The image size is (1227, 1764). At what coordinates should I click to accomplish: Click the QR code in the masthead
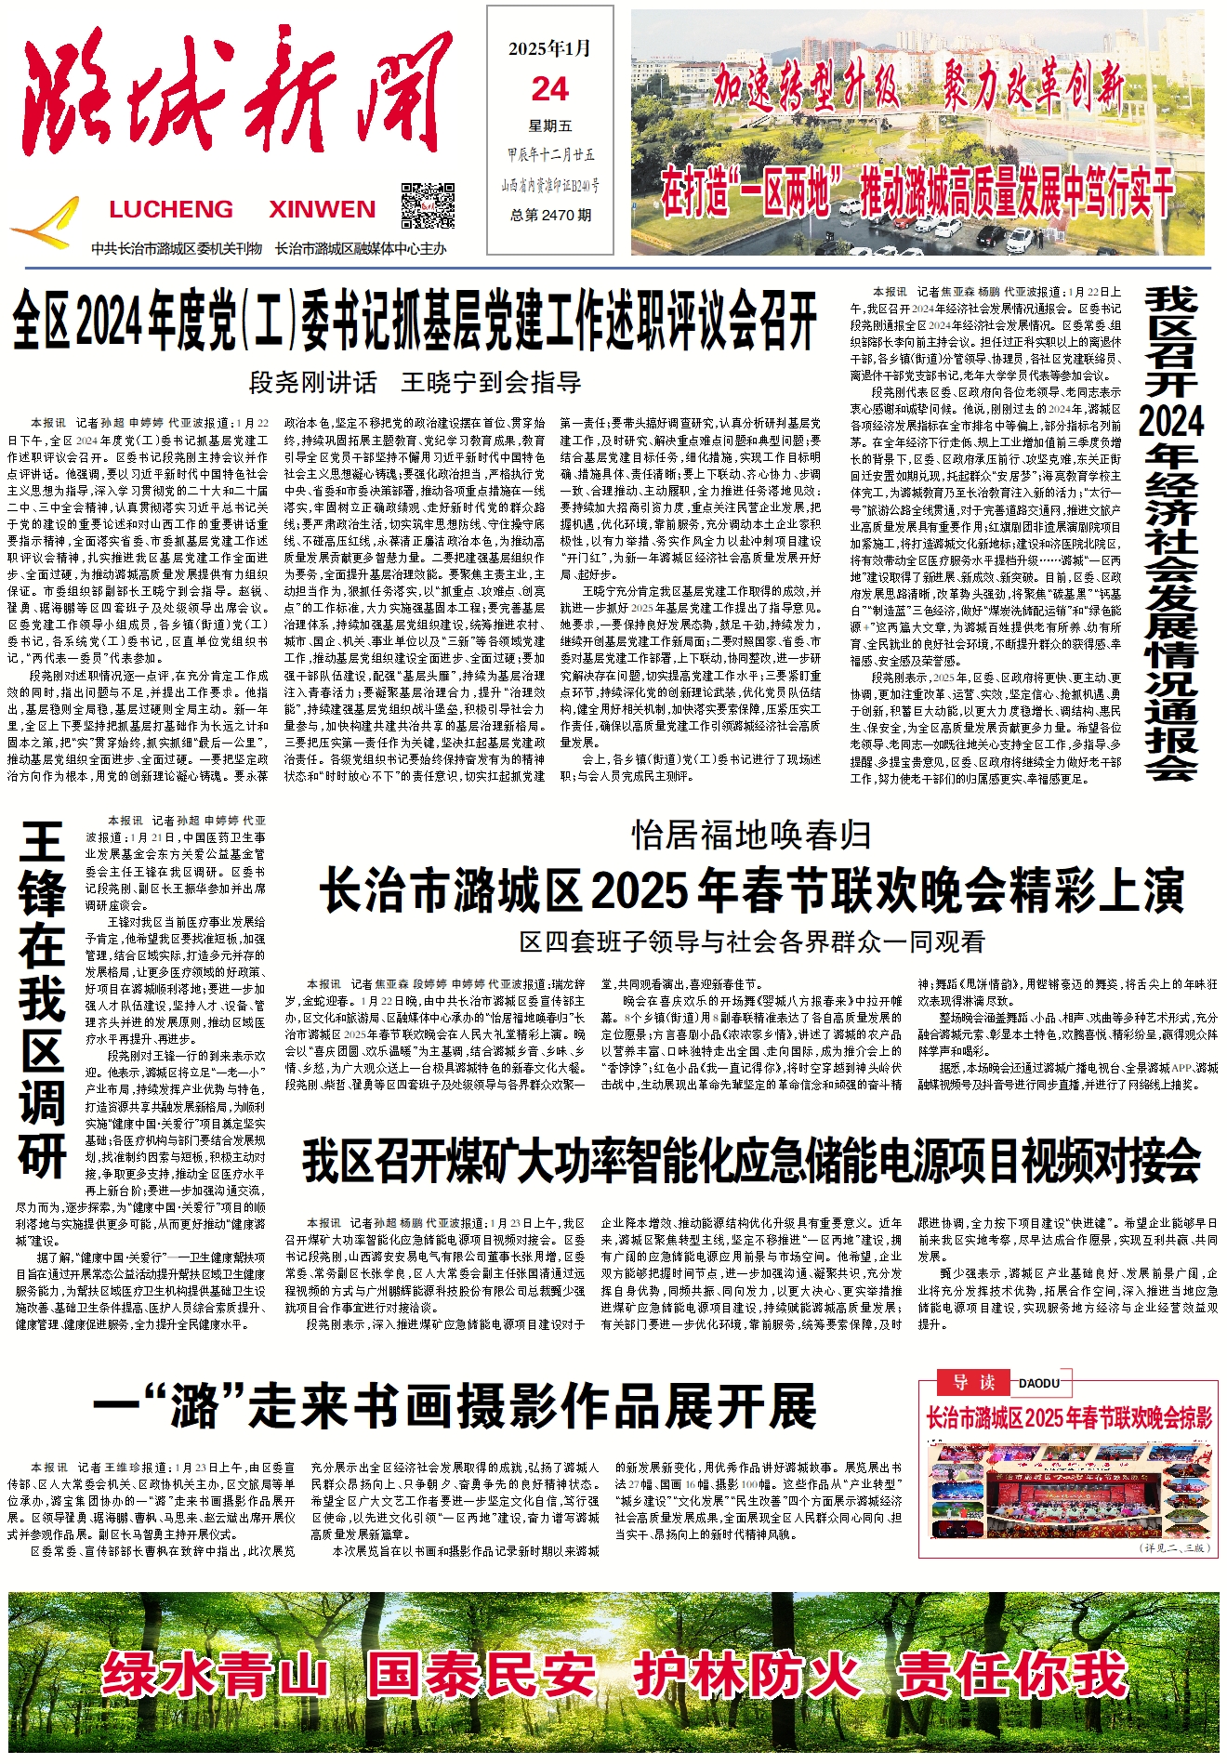(x=428, y=206)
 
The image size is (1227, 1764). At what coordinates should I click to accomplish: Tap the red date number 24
(x=550, y=89)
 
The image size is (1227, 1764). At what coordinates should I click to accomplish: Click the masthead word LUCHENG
(x=171, y=209)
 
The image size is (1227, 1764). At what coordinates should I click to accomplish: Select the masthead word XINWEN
(x=323, y=209)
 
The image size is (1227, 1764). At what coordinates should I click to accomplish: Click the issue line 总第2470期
(x=550, y=215)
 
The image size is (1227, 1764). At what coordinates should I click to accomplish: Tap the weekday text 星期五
(x=550, y=125)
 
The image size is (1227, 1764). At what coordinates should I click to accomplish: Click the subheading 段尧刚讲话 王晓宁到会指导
(x=416, y=382)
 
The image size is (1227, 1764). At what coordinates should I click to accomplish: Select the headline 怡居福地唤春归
(x=751, y=836)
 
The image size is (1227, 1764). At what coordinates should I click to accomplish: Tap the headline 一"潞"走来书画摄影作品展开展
(x=455, y=1405)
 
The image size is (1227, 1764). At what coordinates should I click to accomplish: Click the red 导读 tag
(x=974, y=1382)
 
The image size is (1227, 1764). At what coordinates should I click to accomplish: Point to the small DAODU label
(x=1039, y=1383)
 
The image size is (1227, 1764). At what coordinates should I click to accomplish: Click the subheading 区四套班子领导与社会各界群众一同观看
(x=751, y=941)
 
